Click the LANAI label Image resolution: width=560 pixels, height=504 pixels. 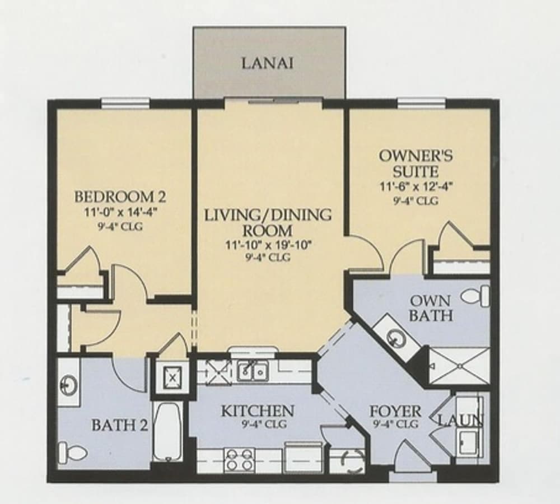coord(268,63)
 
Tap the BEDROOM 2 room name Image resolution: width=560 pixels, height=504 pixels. coord(120,197)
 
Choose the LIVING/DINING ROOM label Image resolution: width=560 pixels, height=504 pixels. coord(268,222)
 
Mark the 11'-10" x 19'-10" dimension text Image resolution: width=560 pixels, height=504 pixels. coord(268,244)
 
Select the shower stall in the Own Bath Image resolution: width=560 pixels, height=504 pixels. coord(459,366)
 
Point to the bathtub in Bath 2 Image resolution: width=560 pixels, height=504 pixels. coord(167,431)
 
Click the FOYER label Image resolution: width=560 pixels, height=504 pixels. coord(395,411)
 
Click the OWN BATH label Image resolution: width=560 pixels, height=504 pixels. coord(430,307)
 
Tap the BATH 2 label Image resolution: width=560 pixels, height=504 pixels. coord(119,425)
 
